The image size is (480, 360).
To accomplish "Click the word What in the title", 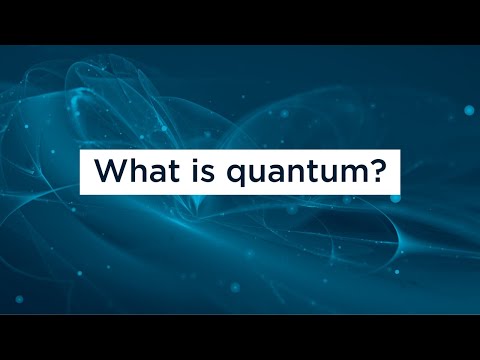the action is point(137,170).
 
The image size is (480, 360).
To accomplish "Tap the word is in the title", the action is point(203,170).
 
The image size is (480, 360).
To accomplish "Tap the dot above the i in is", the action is point(195,161).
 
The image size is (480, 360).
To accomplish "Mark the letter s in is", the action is point(208,174).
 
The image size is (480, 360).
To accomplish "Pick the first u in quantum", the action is point(256,174).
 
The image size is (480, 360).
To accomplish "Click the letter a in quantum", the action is point(275,174).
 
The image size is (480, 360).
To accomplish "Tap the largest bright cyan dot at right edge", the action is point(469,110).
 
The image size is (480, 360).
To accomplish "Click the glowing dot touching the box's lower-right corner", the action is point(396,198).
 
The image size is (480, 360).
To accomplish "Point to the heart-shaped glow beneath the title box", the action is point(197,202).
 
